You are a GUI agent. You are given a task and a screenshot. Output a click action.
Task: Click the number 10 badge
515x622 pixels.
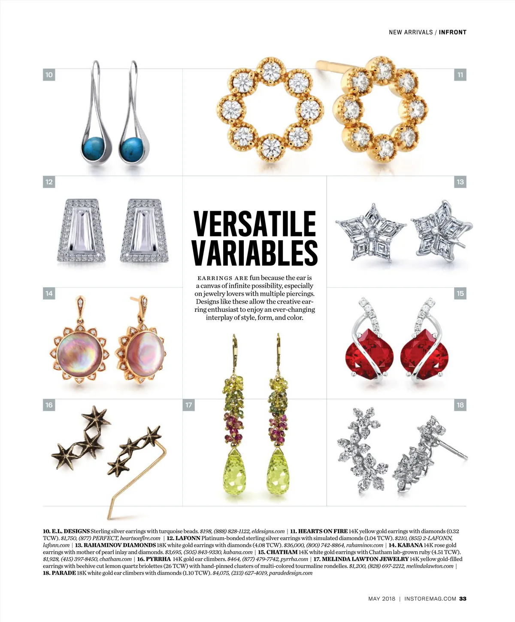coord(49,75)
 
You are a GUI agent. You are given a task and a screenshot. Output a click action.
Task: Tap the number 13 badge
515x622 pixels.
coord(460,182)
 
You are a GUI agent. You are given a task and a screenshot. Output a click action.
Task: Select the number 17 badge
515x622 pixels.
coord(189,405)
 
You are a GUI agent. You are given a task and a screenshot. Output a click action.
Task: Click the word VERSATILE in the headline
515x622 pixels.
coord(255,224)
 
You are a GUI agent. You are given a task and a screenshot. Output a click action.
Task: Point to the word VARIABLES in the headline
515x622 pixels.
coord(255,253)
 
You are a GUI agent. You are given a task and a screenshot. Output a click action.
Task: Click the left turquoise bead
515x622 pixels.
coord(93,148)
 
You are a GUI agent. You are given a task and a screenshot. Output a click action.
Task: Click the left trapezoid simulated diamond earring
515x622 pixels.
coord(82,231)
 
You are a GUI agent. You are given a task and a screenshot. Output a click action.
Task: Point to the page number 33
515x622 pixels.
coord(463,599)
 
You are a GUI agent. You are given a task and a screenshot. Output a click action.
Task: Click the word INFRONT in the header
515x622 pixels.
coord(452,32)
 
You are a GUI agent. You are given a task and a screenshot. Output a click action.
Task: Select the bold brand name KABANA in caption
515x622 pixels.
coord(410,545)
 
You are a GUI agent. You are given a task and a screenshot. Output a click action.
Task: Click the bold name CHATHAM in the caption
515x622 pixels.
coord(282,552)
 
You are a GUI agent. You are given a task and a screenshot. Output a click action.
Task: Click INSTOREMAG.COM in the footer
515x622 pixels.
coord(430,599)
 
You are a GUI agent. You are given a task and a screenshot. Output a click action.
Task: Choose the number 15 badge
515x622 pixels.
coord(460,293)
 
